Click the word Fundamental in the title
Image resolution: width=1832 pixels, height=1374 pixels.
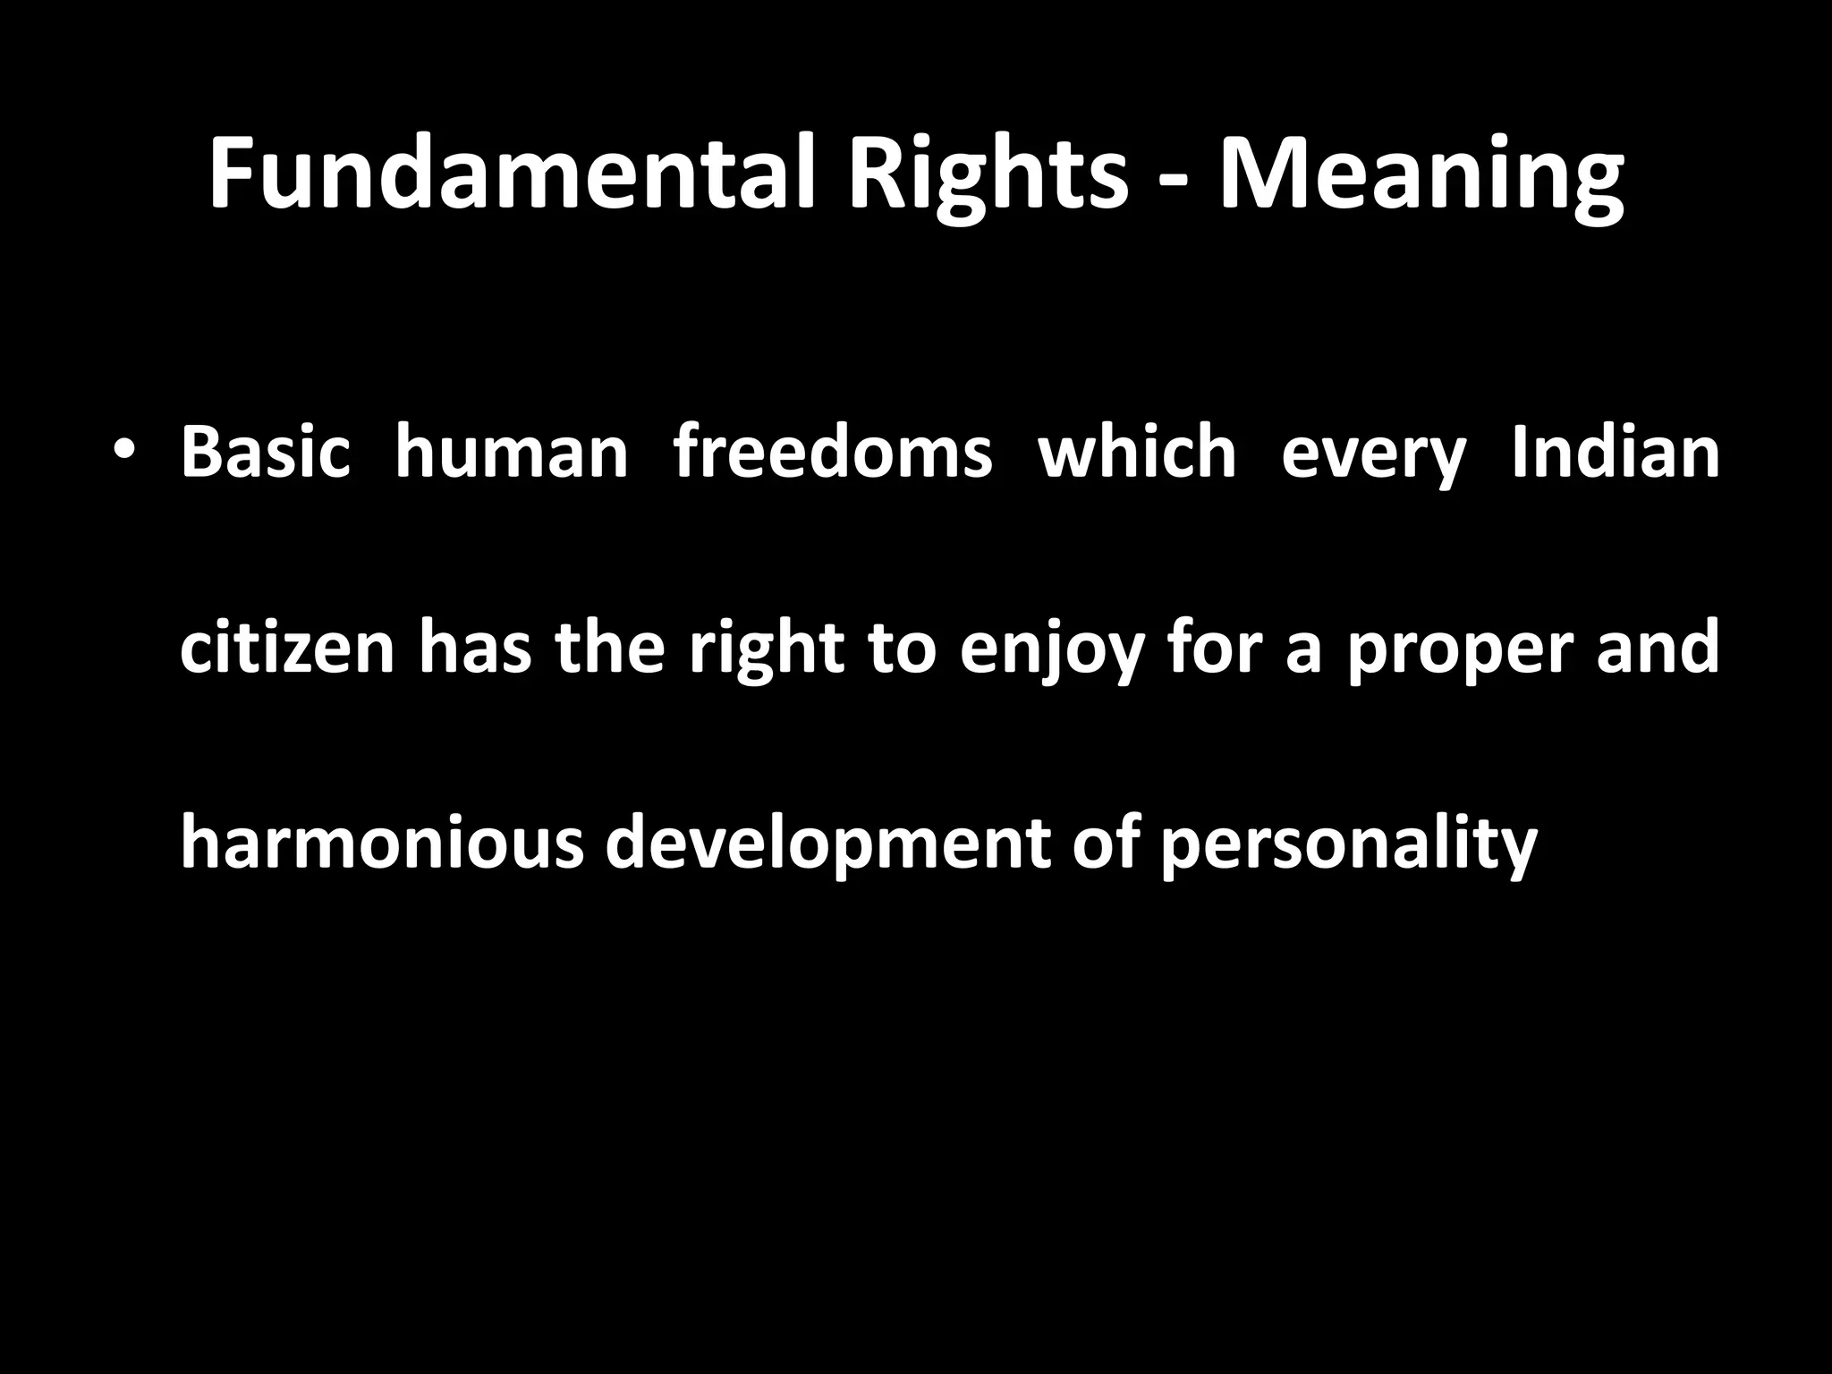point(513,174)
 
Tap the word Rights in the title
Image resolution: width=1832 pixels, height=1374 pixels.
point(988,174)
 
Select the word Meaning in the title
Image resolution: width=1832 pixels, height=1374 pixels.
point(1422,174)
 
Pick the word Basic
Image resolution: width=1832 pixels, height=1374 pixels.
point(265,453)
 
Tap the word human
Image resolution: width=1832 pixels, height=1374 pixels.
point(512,453)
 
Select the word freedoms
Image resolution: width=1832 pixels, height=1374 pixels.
point(833,453)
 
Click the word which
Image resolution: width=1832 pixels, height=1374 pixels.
point(1137,453)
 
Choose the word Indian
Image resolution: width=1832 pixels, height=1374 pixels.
point(1616,453)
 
